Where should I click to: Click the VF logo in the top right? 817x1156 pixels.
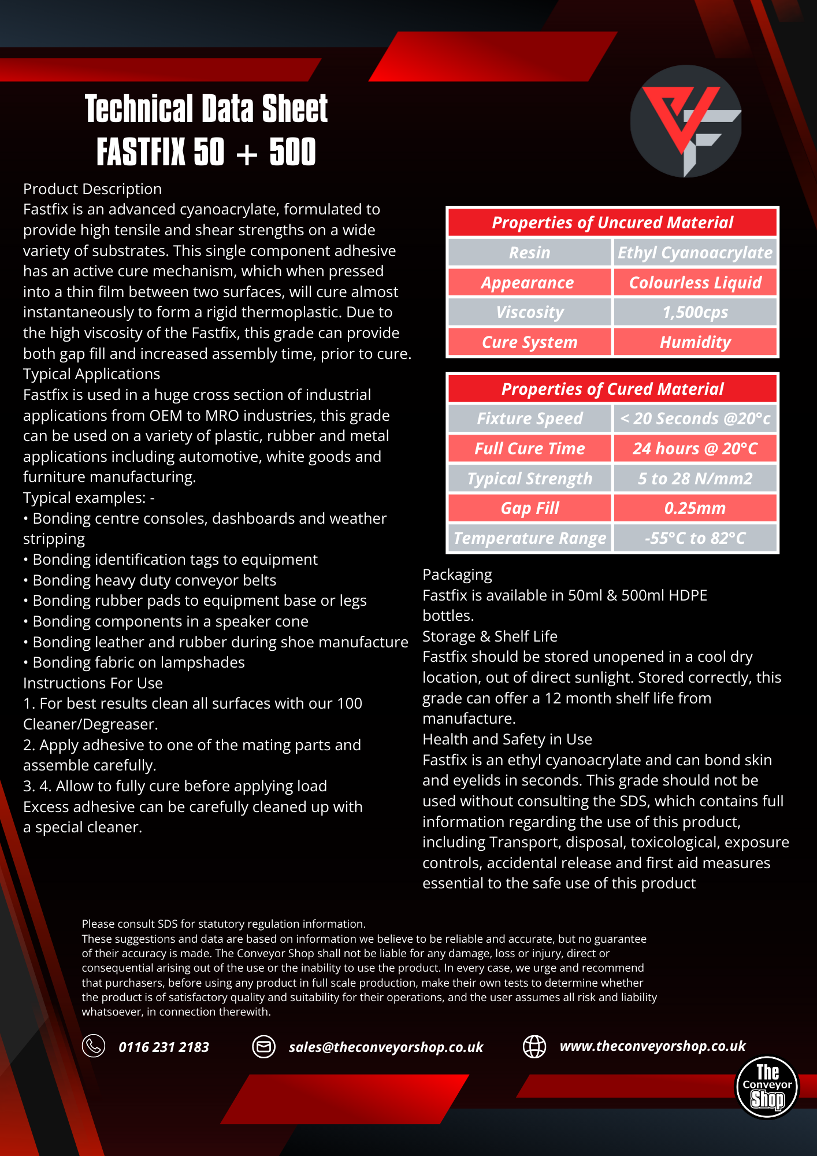coord(686,121)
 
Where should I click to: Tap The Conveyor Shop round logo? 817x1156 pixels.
coord(767,1087)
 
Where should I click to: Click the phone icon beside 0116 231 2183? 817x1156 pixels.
coord(94,1046)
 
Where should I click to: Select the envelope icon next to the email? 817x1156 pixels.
coord(264,1047)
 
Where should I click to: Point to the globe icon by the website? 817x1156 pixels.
coord(534,1046)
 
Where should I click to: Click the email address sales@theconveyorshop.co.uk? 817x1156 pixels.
coord(386,1047)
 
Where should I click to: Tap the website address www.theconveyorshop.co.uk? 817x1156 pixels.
coord(652,1046)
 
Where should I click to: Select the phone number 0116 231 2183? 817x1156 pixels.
coord(164,1047)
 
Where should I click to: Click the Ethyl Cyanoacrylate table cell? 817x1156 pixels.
coord(695,253)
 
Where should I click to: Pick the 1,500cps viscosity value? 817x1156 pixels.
coord(695,313)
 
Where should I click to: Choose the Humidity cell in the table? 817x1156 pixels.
coord(695,342)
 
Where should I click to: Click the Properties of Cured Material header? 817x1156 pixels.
coord(612,389)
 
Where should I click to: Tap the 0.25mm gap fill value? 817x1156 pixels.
coord(695,508)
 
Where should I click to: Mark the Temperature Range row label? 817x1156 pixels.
coord(530,538)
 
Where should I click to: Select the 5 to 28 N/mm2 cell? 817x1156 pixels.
coord(695,479)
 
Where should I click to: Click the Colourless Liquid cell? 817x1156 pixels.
coord(695,283)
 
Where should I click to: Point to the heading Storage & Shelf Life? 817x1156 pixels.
coord(490,636)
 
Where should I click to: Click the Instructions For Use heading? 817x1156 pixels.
coord(93,683)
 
